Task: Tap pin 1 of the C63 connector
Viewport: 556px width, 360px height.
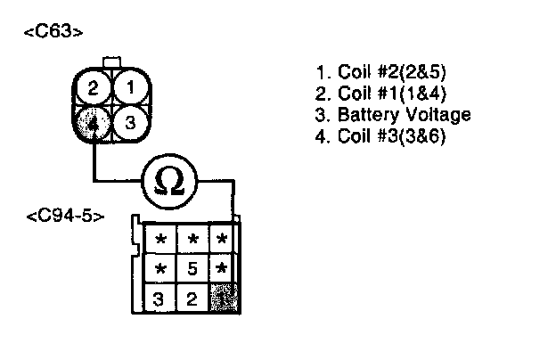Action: (x=129, y=88)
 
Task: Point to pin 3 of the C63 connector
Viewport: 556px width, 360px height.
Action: (x=129, y=123)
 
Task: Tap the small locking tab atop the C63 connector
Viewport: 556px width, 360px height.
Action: (x=112, y=62)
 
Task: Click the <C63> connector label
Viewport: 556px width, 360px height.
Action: (x=54, y=33)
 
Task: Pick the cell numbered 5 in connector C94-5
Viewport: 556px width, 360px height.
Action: (x=192, y=267)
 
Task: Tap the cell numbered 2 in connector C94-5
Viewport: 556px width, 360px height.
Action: (x=192, y=298)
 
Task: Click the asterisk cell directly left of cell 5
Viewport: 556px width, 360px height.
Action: (x=161, y=267)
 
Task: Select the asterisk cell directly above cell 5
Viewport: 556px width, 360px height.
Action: (x=192, y=239)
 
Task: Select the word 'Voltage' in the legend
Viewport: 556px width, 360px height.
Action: (x=436, y=116)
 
